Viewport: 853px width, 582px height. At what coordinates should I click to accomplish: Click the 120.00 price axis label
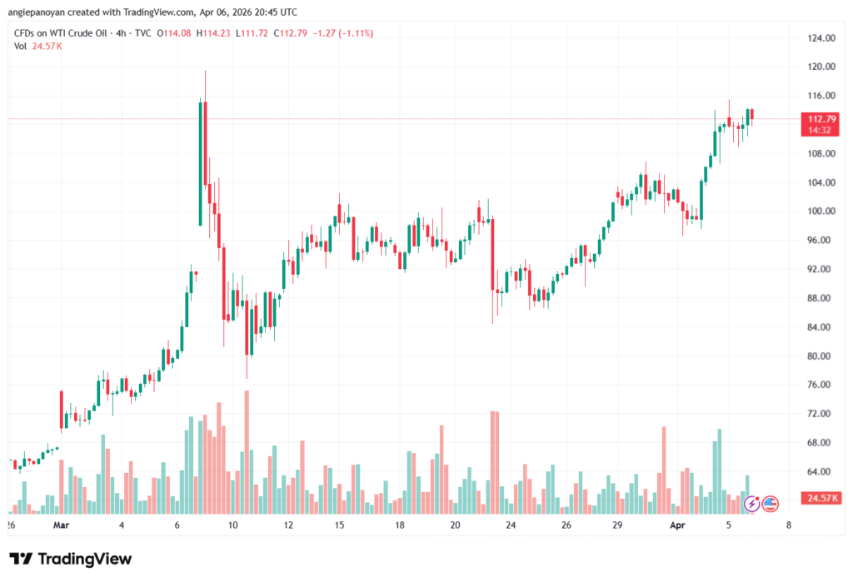point(821,67)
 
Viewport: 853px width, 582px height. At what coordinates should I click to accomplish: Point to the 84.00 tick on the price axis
point(821,327)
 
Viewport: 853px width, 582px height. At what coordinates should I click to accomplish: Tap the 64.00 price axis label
point(821,472)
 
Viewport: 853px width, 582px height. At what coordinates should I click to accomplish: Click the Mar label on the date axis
point(60,525)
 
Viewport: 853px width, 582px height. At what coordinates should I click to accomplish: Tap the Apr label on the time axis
point(676,525)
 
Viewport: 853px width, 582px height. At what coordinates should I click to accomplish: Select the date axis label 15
point(340,525)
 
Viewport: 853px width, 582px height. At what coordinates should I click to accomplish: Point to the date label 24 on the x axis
point(510,525)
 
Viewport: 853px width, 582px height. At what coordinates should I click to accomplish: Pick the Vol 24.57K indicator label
point(38,46)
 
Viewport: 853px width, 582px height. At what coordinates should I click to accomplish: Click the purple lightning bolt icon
point(751,503)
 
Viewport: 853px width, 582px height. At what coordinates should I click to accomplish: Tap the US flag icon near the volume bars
point(770,503)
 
